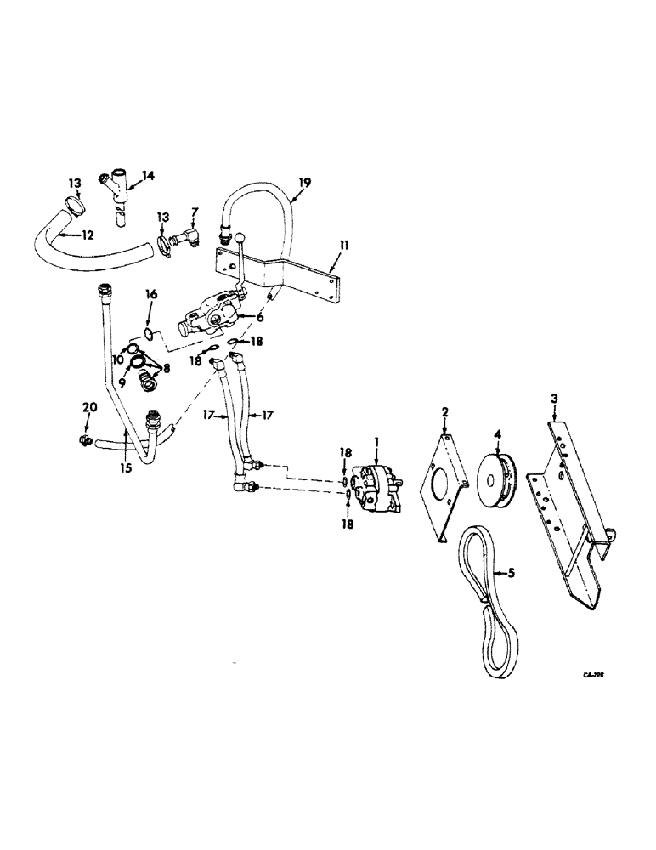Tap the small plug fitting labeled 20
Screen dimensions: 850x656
coord(83,440)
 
